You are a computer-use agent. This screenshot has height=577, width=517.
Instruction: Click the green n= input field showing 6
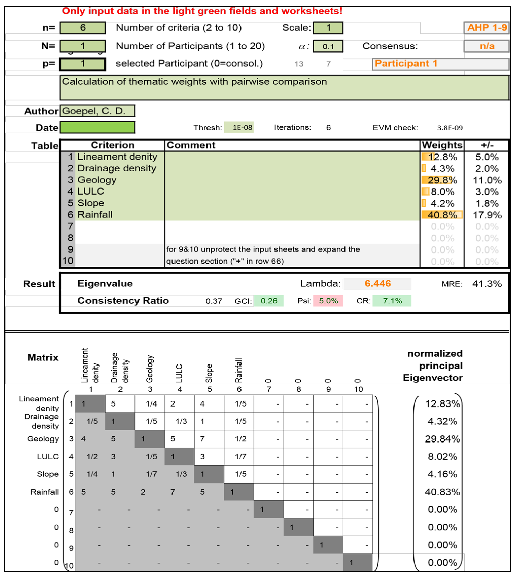(x=82, y=28)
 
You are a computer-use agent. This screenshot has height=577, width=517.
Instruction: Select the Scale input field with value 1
(x=328, y=28)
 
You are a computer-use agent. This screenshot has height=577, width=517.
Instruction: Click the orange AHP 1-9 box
(x=487, y=28)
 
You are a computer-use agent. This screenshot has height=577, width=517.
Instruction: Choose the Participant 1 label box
(x=440, y=64)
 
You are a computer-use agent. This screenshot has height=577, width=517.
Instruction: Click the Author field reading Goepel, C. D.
(x=97, y=111)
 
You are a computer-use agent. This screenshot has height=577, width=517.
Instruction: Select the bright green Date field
(x=97, y=127)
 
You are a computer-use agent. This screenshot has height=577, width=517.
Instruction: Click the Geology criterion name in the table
(x=97, y=180)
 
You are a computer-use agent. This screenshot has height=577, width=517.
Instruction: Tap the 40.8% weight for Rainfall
(x=442, y=215)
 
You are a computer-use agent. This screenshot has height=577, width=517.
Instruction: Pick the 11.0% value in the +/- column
(x=487, y=180)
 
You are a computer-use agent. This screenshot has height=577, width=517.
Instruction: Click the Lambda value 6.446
(x=377, y=284)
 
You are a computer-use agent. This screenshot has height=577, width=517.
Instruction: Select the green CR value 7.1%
(x=392, y=301)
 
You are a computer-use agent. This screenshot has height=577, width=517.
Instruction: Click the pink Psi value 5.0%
(x=328, y=301)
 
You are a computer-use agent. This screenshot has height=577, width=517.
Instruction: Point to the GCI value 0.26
(x=268, y=301)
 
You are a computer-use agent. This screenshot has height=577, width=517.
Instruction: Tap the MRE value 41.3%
(x=487, y=284)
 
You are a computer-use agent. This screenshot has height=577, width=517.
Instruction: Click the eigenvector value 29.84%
(x=442, y=439)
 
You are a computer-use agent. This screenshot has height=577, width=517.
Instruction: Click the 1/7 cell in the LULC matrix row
(x=240, y=457)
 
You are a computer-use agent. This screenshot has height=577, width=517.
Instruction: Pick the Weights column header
(x=442, y=145)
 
